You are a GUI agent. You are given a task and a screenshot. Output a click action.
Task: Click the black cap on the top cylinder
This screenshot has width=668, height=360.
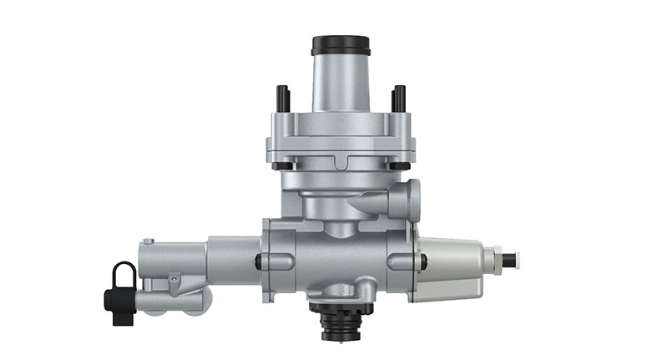pyautogui.click(x=341, y=44)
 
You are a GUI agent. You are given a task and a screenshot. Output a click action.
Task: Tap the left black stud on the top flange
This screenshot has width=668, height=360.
pyautogui.click(x=283, y=98)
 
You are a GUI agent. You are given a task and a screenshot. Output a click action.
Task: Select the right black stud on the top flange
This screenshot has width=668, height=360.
pyautogui.click(x=398, y=98)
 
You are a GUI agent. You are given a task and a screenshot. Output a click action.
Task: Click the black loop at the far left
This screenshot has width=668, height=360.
pyautogui.click(x=123, y=276)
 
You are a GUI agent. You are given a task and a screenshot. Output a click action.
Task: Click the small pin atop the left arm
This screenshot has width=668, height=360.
pyautogui.click(x=148, y=242)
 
